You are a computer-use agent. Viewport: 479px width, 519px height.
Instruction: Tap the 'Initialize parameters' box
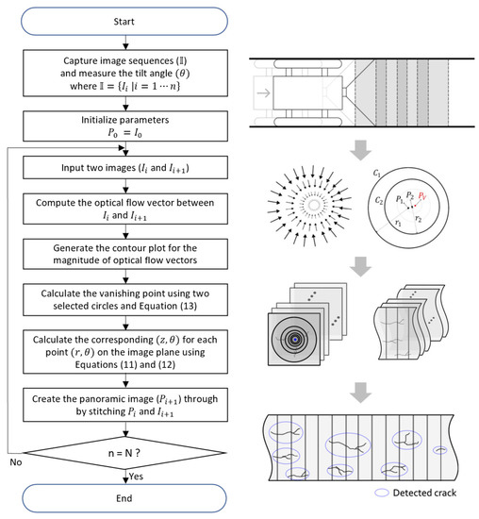[126, 125]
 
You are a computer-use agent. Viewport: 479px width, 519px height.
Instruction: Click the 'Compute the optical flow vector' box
[126, 210]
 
